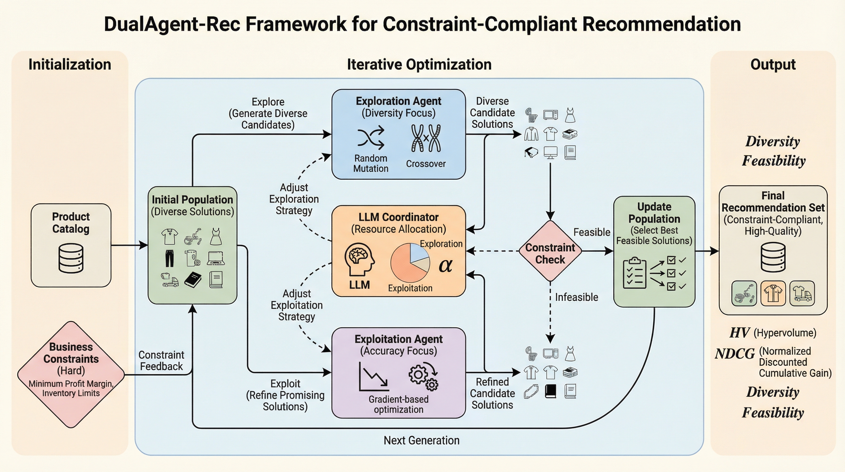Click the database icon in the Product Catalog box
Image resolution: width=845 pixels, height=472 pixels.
tap(71, 258)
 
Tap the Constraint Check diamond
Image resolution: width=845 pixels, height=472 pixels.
tap(550, 251)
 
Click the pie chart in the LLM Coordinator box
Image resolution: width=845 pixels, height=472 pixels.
tap(410, 263)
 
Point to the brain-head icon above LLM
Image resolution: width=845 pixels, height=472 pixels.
tap(360, 259)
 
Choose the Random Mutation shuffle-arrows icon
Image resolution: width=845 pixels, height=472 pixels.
tap(371, 138)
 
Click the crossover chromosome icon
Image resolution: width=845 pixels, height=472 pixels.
tap(426, 138)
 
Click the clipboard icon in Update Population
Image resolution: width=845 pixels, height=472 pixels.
tap(634, 273)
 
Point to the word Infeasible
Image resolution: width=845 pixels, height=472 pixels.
tap(576, 297)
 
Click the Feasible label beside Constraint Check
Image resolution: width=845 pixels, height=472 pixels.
tap(591, 232)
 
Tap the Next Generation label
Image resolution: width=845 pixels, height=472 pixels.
tap(422, 440)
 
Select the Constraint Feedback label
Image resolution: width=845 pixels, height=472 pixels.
tap(161, 360)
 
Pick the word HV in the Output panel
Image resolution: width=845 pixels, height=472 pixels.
tap(739, 333)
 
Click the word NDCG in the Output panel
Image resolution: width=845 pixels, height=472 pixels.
tap(735, 354)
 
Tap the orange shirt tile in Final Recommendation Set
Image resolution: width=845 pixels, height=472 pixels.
tap(773, 293)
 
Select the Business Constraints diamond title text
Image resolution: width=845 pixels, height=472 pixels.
tap(71, 353)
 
